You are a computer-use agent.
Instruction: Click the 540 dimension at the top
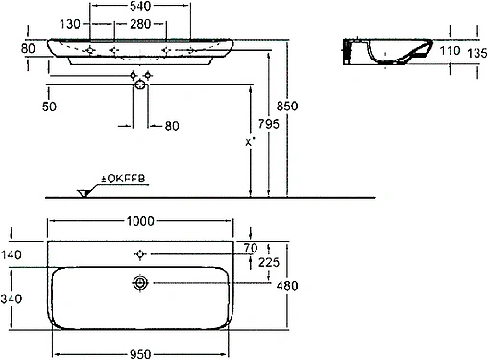[x=140, y=6]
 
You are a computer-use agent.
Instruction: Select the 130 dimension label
[x=70, y=24]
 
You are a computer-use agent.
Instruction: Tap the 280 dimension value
[x=140, y=24]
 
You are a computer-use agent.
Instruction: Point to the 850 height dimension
[x=287, y=106]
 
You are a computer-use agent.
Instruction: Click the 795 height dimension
[x=269, y=124]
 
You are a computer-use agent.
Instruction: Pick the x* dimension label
[x=250, y=142]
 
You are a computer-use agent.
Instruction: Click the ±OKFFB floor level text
[x=123, y=179]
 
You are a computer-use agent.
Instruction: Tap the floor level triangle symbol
[x=84, y=193]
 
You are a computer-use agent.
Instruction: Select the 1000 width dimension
[x=140, y=221]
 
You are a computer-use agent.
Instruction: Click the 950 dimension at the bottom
[x=140, y=354]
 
